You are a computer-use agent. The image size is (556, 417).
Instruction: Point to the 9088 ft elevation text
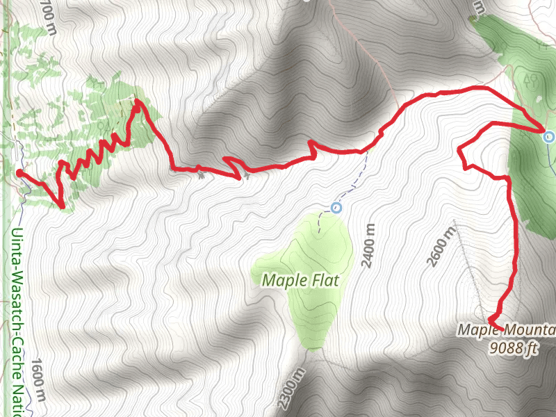point(513,347)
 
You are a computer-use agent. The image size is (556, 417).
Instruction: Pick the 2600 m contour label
point(435,247)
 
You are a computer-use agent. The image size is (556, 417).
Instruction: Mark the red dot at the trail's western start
point(19,173)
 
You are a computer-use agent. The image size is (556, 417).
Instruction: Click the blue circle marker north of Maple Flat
point(336,207)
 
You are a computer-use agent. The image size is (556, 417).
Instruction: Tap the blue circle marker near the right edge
point(549,137)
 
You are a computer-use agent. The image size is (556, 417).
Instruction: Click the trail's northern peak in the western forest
point(138,103)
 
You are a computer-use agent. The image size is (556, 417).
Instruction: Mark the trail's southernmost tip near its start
point(62,205)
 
